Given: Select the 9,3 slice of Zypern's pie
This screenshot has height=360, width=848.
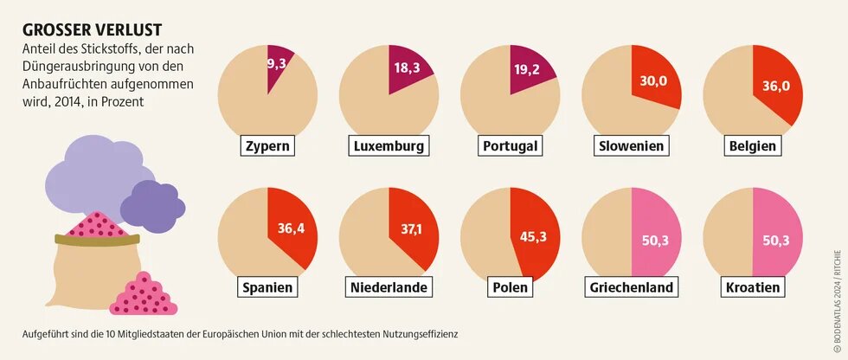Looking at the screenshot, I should tap(279, 65).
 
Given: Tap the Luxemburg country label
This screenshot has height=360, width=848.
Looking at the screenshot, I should tap(389, 145).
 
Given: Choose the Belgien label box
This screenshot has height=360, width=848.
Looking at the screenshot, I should tap(754, 145).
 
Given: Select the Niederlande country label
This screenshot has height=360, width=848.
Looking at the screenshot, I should tap(389, 286).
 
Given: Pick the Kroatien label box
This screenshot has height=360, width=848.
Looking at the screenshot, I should tap(754, 286).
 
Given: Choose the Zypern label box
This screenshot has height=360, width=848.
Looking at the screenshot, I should tap(267, 145).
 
